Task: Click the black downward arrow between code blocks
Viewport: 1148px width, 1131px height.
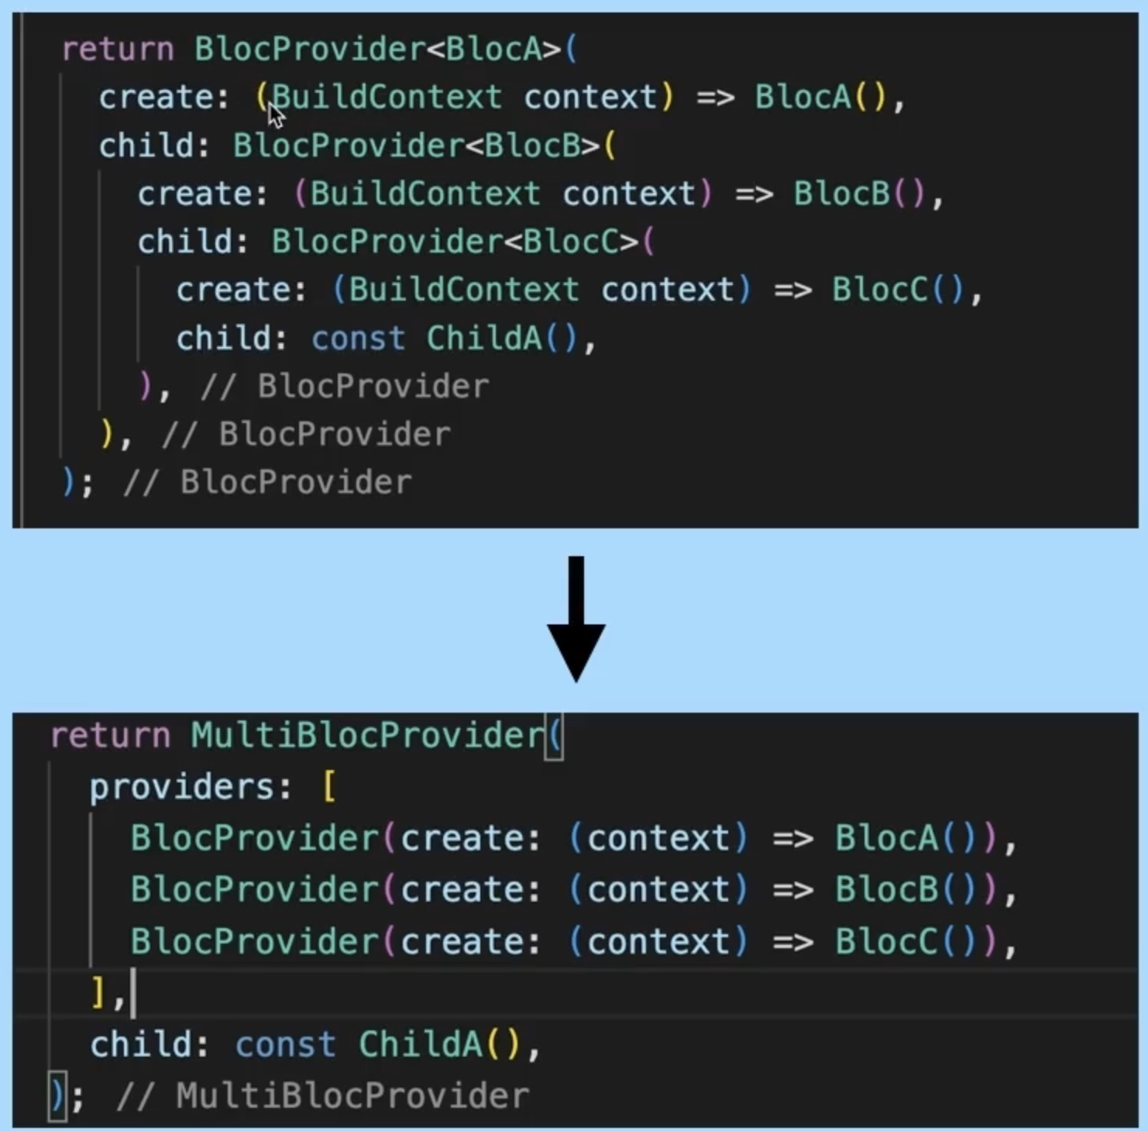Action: tap(576, 620)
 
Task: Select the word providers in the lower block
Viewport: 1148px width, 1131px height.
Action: tap(183, 787)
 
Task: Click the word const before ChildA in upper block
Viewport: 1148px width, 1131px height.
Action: tap(358, 339)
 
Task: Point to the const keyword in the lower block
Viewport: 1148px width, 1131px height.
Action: tap(285, 1044)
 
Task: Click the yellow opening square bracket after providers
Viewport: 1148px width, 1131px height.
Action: tap(329, 787)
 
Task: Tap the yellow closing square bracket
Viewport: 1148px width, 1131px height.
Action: tap(98, 992)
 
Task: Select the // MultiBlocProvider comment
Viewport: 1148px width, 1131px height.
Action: tap(322, 1096)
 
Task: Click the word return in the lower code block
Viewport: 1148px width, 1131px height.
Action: tap(110, 735)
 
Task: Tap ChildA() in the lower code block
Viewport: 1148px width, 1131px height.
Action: tap(438, 1044)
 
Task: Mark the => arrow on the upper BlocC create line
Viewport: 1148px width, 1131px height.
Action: tap(792, 290)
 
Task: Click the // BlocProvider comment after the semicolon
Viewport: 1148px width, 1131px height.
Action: tap(268, 483)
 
